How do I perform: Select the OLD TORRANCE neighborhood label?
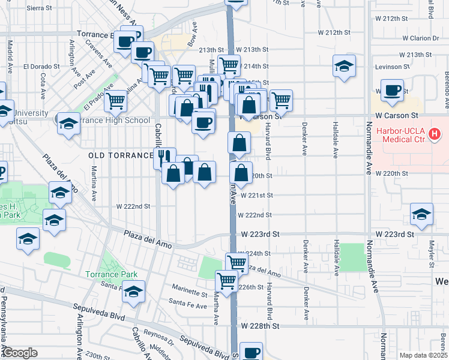121,155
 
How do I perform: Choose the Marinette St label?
188,292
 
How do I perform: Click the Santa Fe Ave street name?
187,305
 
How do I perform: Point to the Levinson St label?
390,67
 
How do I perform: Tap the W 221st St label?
256,195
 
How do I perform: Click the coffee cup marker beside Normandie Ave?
392,91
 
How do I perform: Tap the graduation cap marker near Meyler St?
421,214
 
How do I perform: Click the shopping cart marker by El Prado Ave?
116,100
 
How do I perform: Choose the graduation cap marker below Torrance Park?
133,291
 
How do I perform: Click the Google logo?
19,353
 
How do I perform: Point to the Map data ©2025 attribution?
423,355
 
